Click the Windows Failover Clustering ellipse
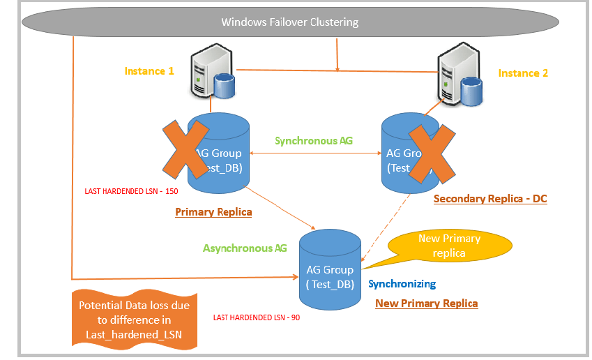[289, 22]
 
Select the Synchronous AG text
[313, 140]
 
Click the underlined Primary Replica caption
[213, 212]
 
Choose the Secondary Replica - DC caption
[490, 199]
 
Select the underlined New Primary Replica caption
[426, 303]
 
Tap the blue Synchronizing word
[402, 284]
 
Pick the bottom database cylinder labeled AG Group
[330, 272]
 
